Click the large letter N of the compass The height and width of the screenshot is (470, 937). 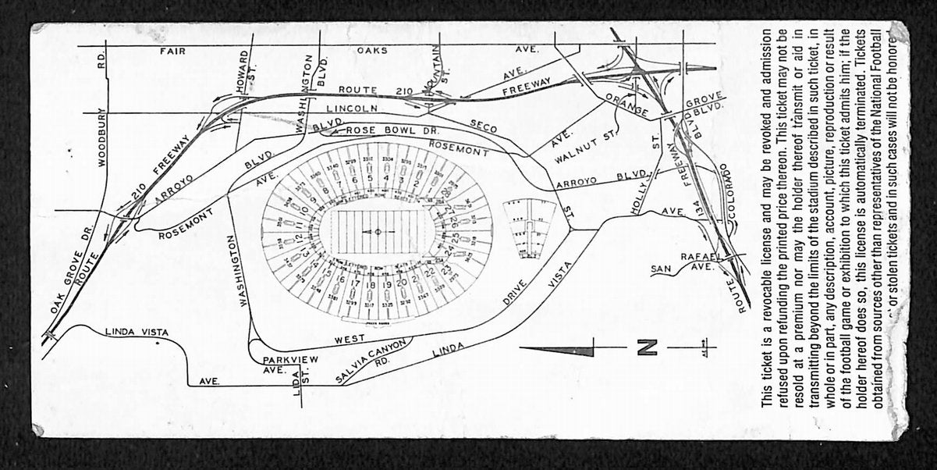646,346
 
